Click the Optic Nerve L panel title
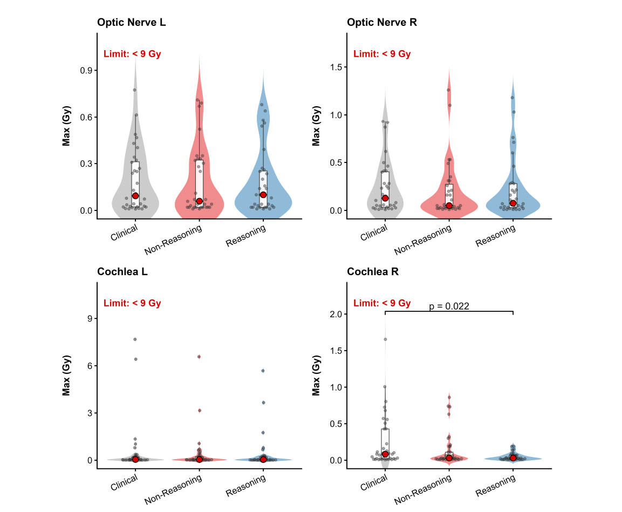(132, 23)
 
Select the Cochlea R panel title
(373, 272)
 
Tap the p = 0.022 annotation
(449, 306)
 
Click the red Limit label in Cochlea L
(132, 303)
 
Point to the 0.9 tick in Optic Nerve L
(85, 71)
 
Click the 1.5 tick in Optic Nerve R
(335, 67)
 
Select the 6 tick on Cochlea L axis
(87, 366)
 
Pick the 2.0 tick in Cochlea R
(335, 314)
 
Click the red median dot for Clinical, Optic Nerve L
(135, 196)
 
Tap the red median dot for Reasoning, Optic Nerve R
(513, 203)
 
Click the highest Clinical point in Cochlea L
(135, 339)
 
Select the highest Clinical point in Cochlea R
(385, 339)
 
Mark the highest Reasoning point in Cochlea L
(263, 371)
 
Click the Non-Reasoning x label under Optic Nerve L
(174, 239)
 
